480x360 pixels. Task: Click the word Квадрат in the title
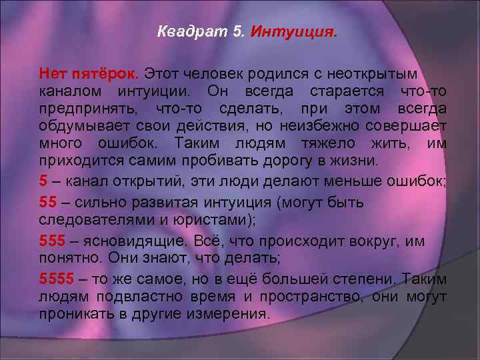point(185,31)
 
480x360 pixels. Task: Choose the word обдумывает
point(86,126)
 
